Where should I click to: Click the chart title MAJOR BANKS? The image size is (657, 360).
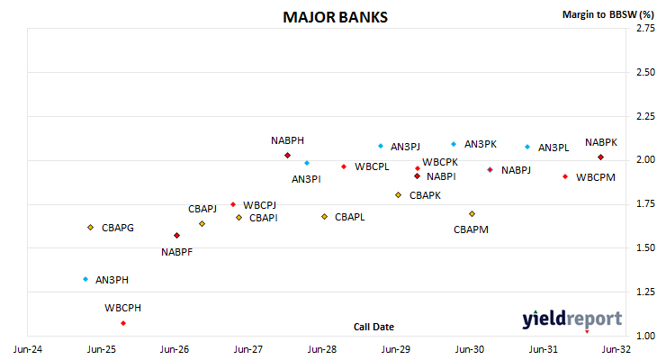[335, 17]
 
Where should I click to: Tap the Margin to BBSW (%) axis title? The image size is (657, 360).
[608, 14]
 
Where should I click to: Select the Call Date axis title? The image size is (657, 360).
[373, 327]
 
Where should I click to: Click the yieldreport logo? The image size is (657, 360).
[571, 319]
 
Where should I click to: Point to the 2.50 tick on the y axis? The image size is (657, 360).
[645, 72]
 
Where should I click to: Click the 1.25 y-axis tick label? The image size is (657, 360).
[645, 292]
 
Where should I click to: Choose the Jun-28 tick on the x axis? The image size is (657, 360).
[322, 349]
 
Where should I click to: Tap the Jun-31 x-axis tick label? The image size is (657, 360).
[543, 349]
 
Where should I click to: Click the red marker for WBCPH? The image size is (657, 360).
[123, 323]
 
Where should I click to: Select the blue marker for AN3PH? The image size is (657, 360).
[85, 279]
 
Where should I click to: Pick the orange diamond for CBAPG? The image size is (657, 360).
[91, 228]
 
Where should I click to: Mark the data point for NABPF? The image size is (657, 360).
[176, 236]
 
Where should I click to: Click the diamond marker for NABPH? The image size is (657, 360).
[287, 156]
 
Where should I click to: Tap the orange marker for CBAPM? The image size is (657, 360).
[472, 213]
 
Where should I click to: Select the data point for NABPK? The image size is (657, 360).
[600, 157]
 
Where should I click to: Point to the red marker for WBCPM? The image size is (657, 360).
[565, 177]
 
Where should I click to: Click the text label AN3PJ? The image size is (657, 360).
[405, 147]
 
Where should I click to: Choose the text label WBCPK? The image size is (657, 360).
[440, 162]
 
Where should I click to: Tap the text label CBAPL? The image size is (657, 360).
[350, 217]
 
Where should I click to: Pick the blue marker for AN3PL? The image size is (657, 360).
[527, 147]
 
